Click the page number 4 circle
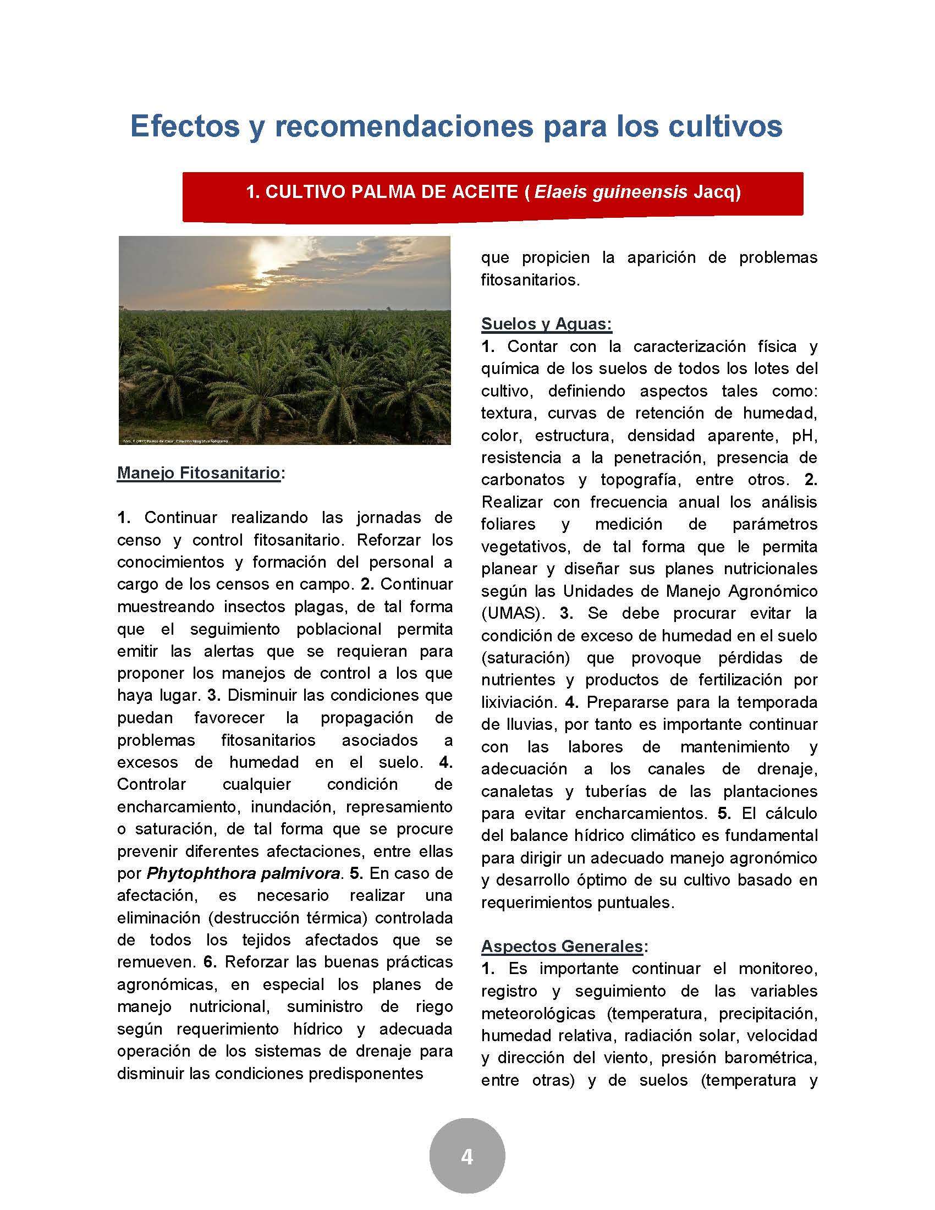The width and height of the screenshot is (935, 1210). pos(467,1157)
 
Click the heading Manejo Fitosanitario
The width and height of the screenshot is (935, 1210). pos(199,473)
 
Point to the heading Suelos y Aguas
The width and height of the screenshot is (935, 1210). pos(546,323)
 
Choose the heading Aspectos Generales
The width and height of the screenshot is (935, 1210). pos(562,947)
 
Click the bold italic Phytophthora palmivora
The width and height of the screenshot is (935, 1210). pos(243,874)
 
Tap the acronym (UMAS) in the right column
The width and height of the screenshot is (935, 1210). pos(513,613)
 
